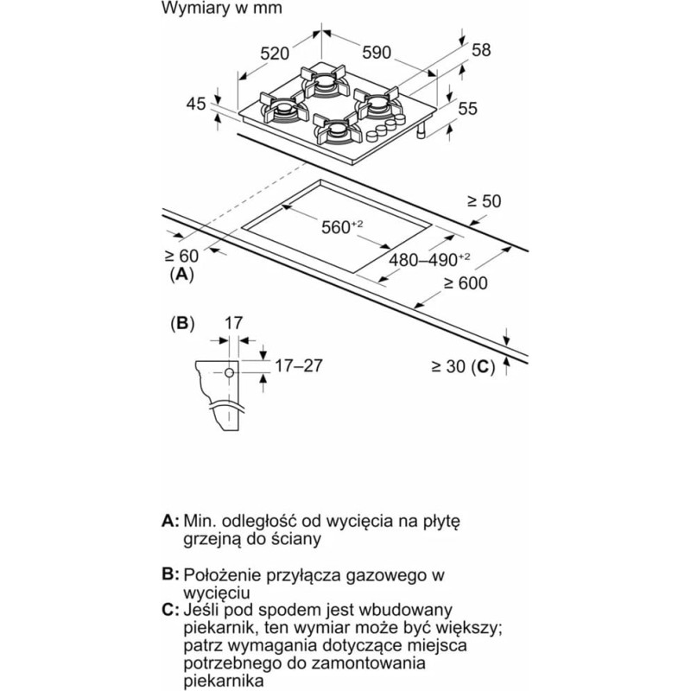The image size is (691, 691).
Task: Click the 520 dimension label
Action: tap(275, 54)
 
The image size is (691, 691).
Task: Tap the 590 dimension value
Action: tap(377, 53)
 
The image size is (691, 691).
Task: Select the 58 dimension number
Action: tap(481, 50)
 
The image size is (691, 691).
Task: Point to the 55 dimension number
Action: tap(467, 109)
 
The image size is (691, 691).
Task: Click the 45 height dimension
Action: tap(196, 104)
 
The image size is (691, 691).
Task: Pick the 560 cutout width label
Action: tap(342, 227)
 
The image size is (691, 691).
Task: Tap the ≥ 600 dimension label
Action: tap(466, 283)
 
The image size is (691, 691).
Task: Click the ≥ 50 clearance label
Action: tap(485, 201)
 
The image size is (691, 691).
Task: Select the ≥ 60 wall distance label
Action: tap(181, 256)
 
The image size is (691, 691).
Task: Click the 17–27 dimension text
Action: tap(299, 365)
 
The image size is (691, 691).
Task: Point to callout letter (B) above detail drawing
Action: tap(182, 324)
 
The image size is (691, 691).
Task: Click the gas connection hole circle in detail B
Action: tap(229, 373)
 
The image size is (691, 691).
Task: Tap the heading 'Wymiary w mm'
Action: tap(222, 8)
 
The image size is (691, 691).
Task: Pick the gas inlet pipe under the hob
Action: tap(422, 130)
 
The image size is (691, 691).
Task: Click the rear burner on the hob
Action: tap(325, 81)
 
